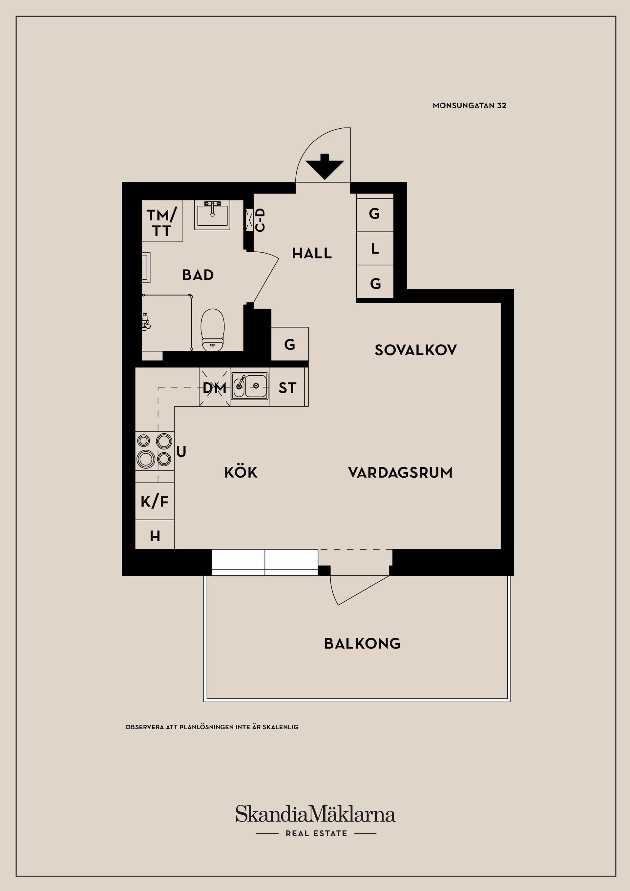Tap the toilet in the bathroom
pyautogui.click(x=213, y=330)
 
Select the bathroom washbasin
pyautogui.click(x=212, y=215)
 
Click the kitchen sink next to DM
pyautogui.click(x=250, y=386)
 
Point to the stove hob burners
pyautogui.click(x=155, y=450)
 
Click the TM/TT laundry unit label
pyautogui.click(x=162, y=223)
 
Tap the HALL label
pyautogui.click(x=312, y=253)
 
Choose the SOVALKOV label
pyautogui.click(x=415, y=350)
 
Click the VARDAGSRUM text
pyautogui.click(x=400, y=473)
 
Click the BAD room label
pyautogui.click(x=198, y=275)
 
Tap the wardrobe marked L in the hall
pyautogui.click(x=375, y=248)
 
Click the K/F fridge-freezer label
pyautogui.click(x=155, y=502)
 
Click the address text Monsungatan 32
pyautogui.click(x=469, y=106)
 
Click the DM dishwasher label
pyautogui.click(x=214, y=388)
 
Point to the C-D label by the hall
pyautogui.click(x=261, y=220)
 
